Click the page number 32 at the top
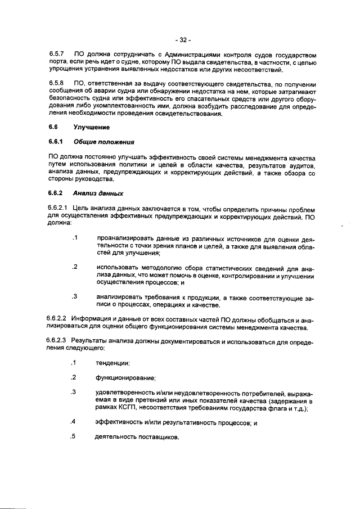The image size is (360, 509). click(x=183, y=40)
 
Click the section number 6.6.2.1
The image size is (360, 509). click(x=57, y=209)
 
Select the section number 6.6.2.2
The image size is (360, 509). click(x=57, y=319)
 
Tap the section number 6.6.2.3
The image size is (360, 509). click(x=57, y=341)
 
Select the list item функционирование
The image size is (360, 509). click(x=125, y=378)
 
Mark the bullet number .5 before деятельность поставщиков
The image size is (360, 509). click(x=73, y=437)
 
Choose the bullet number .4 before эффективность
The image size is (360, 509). click(x=73, y=422)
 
